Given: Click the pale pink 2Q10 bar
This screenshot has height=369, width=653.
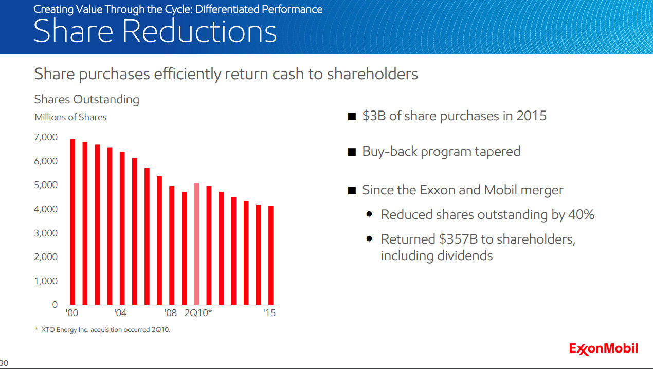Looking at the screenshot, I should click(196, 244).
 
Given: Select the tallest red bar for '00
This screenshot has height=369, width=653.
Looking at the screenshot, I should click(72, 222).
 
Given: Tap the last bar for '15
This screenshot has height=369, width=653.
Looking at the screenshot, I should click(270, 255).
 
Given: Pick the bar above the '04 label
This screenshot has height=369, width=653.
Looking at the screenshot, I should click(122, 228).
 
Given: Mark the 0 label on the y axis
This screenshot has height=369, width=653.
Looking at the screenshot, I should click(55, 305).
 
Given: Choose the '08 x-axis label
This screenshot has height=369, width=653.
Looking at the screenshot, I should click(171, 313).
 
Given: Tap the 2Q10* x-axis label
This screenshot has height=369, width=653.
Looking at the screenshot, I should click(197, 313).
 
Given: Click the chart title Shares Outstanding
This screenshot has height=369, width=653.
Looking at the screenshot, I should click(86, 99).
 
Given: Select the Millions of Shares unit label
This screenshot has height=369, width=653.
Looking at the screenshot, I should click(70, 117).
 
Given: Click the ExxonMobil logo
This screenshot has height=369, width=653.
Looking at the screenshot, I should click(603, 348).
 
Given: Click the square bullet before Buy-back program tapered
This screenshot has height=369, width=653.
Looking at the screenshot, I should click(352, 152).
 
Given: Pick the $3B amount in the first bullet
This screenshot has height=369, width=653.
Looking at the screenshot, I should click(373, 116).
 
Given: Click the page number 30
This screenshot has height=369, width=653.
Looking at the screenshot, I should click(4, 363).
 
